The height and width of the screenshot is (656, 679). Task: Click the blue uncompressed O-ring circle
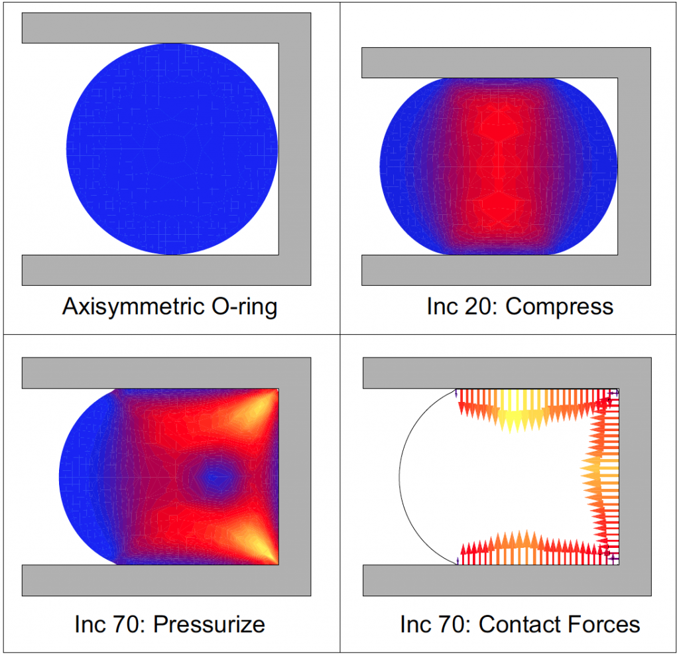[x=172, y=149]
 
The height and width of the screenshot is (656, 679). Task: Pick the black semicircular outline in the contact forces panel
[x=401, y=475]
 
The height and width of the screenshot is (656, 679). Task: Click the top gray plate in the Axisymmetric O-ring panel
[x=166, y=28]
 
